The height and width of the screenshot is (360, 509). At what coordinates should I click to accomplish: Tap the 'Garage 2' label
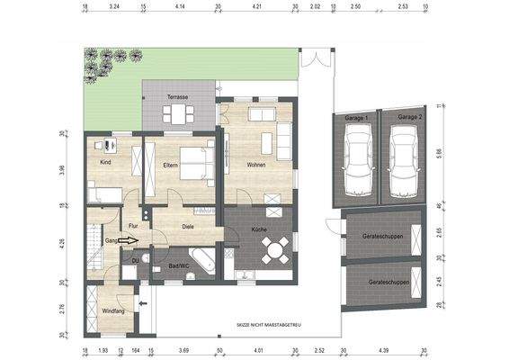(x=410, y=117)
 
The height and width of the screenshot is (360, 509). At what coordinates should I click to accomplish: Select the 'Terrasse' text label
(x=177, y=96)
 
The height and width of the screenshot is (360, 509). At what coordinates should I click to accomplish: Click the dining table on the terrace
(x=177, y=113)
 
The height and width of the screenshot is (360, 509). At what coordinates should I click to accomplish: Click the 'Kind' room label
(x=105, y=162)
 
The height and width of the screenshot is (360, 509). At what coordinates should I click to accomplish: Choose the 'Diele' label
(x=188, y=226)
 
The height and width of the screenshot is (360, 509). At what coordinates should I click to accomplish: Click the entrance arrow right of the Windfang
(x=143, y=305)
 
